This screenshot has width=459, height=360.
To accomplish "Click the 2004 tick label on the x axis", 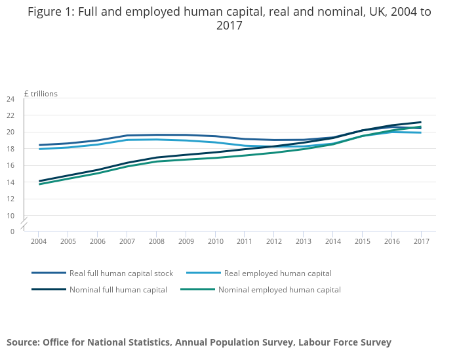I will pos(38,241).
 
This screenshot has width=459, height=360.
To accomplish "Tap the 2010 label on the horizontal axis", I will pos(215,241).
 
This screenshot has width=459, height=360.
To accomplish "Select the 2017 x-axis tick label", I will pos(421,241).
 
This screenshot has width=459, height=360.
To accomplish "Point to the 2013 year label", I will pos(303,241).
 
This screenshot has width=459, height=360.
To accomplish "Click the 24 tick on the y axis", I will pos(10,99).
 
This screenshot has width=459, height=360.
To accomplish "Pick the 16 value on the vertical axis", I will pos(10,165).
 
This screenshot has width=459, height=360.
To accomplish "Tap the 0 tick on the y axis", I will pos(12,231).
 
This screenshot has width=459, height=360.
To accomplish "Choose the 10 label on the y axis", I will pos(10,215).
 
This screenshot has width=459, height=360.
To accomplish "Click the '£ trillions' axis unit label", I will pos(41,94).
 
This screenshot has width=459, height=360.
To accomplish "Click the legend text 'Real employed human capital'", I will pos(277,273).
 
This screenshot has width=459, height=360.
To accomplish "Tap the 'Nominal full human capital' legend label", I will pos(118,289).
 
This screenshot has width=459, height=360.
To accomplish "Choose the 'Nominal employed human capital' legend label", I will pos(279,289).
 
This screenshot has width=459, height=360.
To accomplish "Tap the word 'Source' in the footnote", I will pos(22,342).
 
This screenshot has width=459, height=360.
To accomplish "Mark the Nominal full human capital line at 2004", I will pos(39,181).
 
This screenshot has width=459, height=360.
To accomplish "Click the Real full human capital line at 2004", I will pos(39,145).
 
